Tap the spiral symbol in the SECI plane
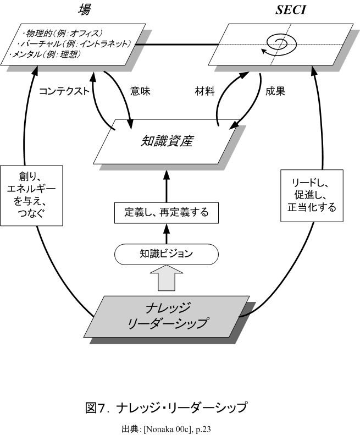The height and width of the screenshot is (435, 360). (x=280, y=43)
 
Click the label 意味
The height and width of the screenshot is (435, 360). (x=141, y=92)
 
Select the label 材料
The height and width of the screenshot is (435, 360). (x=206, y=92)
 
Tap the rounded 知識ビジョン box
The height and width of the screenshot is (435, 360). (x=167, y=254)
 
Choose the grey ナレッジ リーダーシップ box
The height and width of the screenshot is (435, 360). (x=167, y=316)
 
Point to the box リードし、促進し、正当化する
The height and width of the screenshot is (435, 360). (x=308, y=195)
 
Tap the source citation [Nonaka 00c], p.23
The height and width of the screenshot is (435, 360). (x=165, y=427)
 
